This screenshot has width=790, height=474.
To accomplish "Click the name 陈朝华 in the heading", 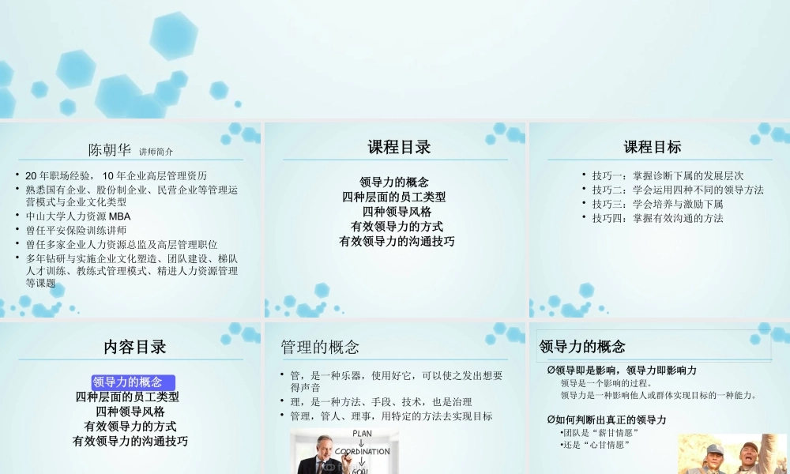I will click(110, 149).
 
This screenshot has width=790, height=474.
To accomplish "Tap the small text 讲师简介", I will click(156, 151).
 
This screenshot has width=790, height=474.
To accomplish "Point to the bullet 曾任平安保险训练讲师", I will click(76, 230).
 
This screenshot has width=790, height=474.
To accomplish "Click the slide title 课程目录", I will click(399, 147).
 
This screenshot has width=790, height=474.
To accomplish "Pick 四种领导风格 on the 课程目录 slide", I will click(397, 212).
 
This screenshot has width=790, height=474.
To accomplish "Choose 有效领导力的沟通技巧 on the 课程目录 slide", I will click(397, 241).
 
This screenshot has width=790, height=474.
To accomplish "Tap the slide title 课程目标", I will click(652, 147).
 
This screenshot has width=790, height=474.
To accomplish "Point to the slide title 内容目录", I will click(135, 347).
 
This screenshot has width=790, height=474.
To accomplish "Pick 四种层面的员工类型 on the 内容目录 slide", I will click(127, 397).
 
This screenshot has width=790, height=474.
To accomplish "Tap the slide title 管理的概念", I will click(320, 347).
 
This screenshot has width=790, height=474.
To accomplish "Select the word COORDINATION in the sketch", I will click(362, 452).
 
